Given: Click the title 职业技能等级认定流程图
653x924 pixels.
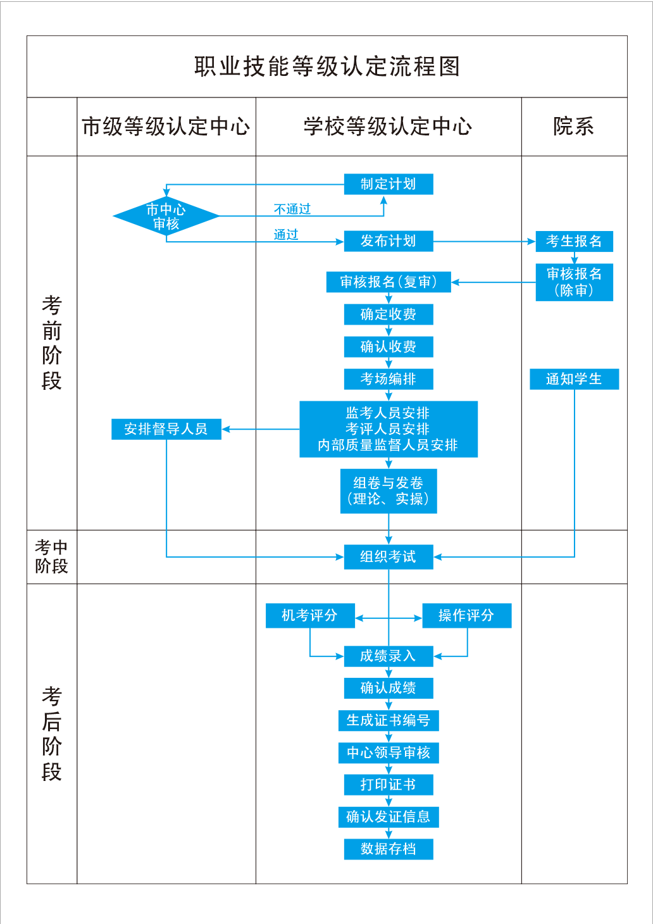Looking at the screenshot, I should point(326,66).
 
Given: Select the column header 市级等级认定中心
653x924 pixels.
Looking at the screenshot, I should point(166,127).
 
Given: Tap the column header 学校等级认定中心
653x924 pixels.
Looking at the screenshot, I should point(388,127).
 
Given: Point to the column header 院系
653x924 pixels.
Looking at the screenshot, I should point(573,127).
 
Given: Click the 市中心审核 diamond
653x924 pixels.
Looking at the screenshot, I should point(166,216).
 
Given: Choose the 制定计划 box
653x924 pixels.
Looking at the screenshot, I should point(389,184).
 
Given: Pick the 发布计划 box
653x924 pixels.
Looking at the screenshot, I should point(389,241).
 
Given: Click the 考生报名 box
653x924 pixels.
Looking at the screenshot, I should point(574,241).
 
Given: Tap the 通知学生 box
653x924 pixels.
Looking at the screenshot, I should point(574,379).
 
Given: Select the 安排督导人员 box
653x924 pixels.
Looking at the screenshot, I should point(166,429).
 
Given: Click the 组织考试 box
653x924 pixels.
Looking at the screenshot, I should point(389,557).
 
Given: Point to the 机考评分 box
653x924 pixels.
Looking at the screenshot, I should point(310,615).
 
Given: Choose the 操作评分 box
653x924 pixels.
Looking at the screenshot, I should point(466,615).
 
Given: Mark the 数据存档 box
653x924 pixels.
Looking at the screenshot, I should point(389,849).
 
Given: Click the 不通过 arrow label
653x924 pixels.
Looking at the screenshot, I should point(292,209).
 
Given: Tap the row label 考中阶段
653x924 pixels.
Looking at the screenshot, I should point(51,557).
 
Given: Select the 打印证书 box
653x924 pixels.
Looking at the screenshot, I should point(389,785).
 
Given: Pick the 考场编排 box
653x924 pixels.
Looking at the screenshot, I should point(389,379).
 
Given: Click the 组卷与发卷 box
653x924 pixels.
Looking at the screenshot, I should point(389,490).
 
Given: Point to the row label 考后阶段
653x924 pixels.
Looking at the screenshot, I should point(51,734).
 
